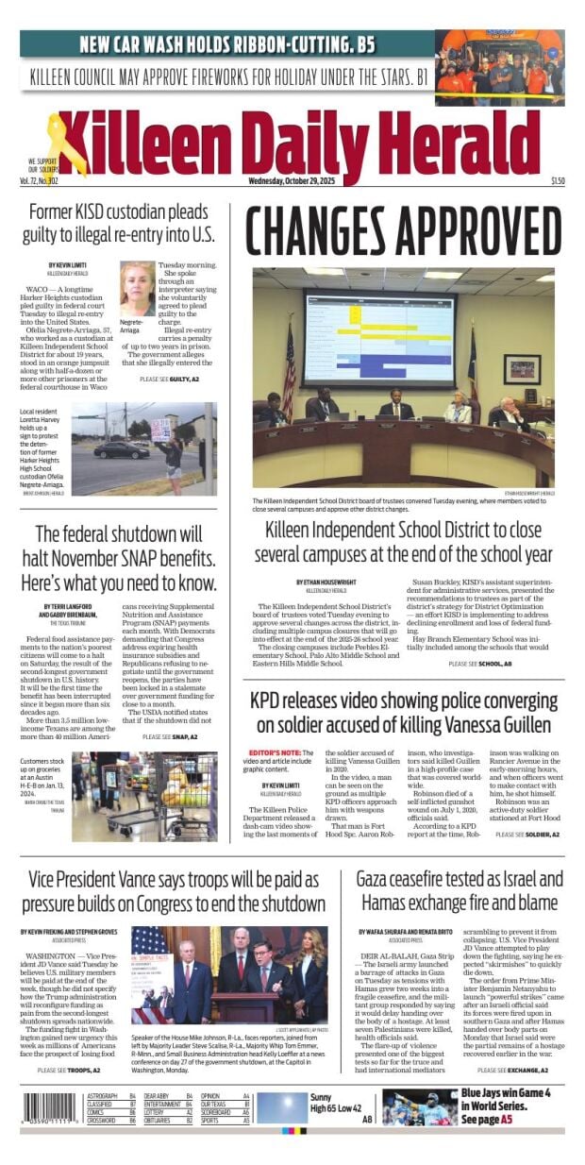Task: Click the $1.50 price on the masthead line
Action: pos(558,181)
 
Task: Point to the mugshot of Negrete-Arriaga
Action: pos(137,288)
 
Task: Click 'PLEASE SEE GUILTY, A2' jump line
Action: pos(169,379)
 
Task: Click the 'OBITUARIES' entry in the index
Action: pos(162,1120)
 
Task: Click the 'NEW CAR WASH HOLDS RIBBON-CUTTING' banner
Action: pos(227,43)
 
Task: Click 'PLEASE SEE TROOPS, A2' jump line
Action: pos(71,1070)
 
